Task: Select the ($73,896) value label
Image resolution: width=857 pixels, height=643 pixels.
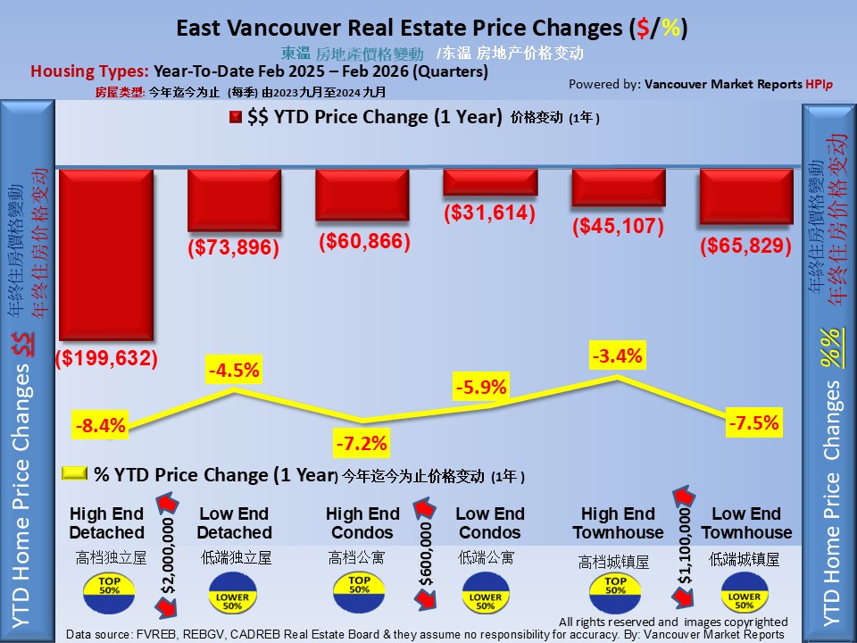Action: coord(233,247)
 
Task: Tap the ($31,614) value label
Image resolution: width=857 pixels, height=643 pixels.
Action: coord(490,213)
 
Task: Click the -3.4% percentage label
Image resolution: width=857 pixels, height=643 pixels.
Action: coord(617,356)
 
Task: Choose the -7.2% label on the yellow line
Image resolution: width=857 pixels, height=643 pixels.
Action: coord(361,442)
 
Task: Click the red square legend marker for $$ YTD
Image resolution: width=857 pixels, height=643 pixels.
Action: coord(236,118)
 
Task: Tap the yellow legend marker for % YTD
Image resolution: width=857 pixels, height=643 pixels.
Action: coord(74,473)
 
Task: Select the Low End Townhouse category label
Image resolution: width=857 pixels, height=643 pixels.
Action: coord(746,523)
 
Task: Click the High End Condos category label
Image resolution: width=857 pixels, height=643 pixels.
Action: coord(362,523)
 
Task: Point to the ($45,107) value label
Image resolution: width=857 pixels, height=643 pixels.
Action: coord(618,227)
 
